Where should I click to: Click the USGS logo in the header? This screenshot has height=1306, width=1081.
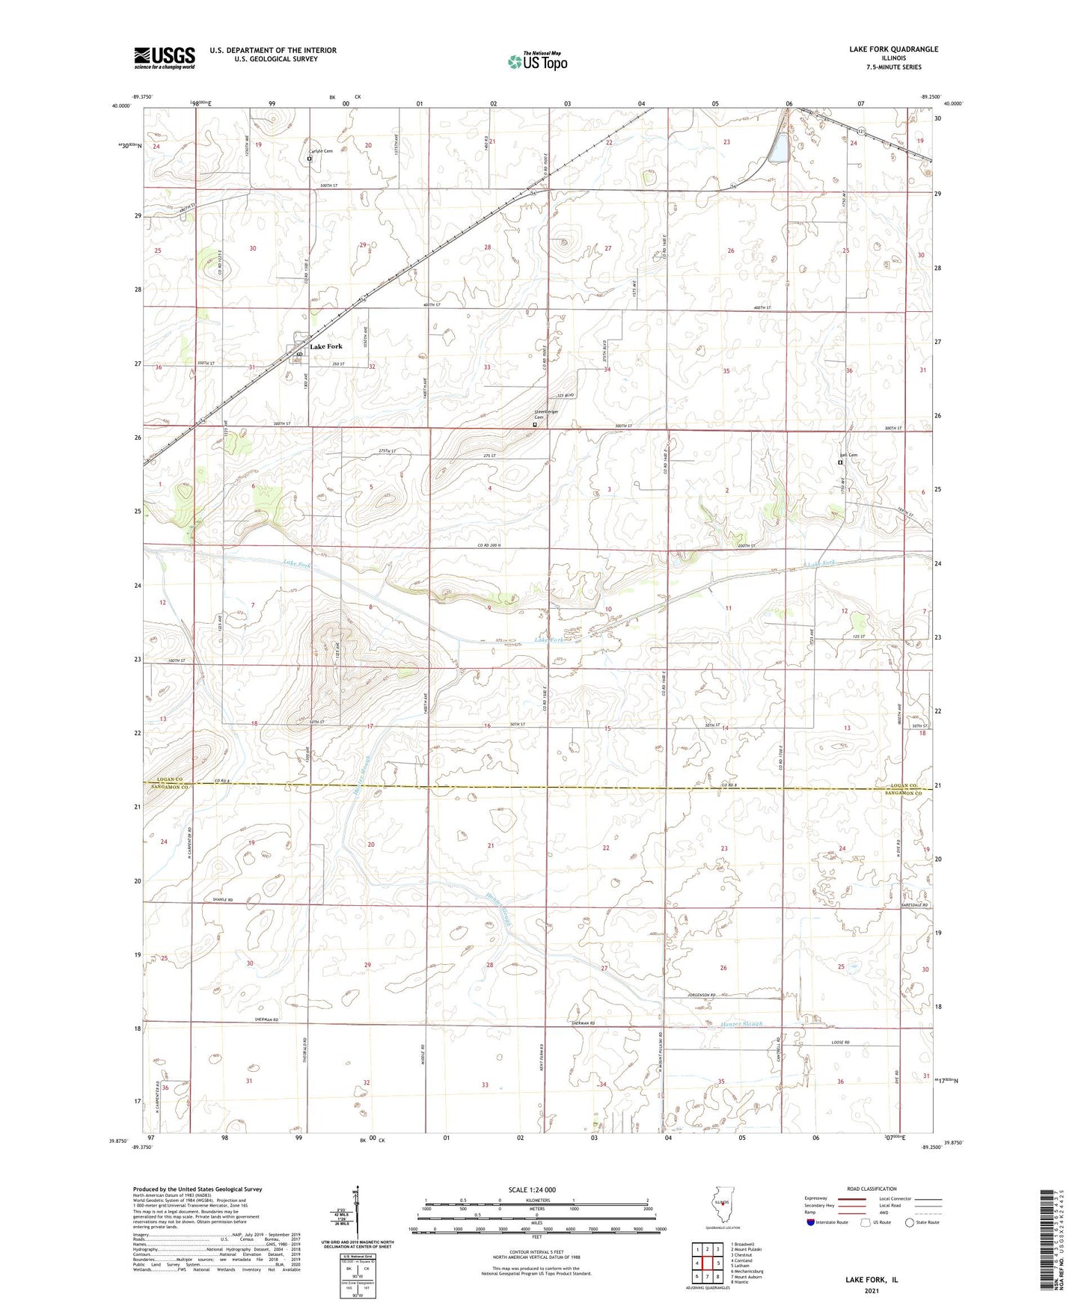click(x=164, y=57)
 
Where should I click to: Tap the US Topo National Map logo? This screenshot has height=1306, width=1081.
click(x=537, y=61)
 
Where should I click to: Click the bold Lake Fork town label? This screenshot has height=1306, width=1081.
click(x=326, y=346)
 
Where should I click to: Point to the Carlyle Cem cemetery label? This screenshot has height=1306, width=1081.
click(x=322, y=151)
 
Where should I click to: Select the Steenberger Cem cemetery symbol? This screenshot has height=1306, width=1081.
click(x=534, y=425)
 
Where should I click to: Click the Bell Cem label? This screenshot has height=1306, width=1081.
click(x=848, y=455)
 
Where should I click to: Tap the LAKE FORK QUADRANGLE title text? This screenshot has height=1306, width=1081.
click(x=893, y=49)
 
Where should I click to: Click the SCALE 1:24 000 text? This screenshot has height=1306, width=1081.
click(x=537, y=1190)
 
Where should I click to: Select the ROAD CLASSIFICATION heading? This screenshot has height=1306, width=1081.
click(x=872, y=1189)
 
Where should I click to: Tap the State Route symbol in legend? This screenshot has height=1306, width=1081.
click(x=910, y=1222)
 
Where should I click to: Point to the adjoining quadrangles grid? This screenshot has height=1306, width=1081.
click(x=707, y=1264)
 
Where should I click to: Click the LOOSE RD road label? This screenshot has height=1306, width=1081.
click(x=842, y=1042)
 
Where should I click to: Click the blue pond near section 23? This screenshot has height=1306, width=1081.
click(x=778, y=147)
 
